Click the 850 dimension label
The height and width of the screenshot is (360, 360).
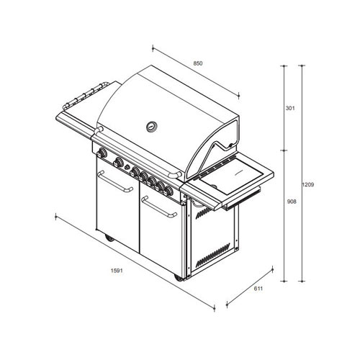[198, 63]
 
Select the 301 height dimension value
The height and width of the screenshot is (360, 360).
[290, 108]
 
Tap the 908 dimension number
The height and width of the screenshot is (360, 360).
[292, 202]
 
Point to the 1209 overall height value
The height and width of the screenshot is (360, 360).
[308, 184]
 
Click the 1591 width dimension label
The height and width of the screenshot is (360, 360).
[117, 271]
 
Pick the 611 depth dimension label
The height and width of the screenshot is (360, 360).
[258, 289]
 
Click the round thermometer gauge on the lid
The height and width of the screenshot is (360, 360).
[152, 126]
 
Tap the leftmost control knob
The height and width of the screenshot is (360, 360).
[102, 153]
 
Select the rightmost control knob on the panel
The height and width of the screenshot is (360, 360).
[168, 191]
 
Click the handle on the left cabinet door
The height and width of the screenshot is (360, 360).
[114, 182]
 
